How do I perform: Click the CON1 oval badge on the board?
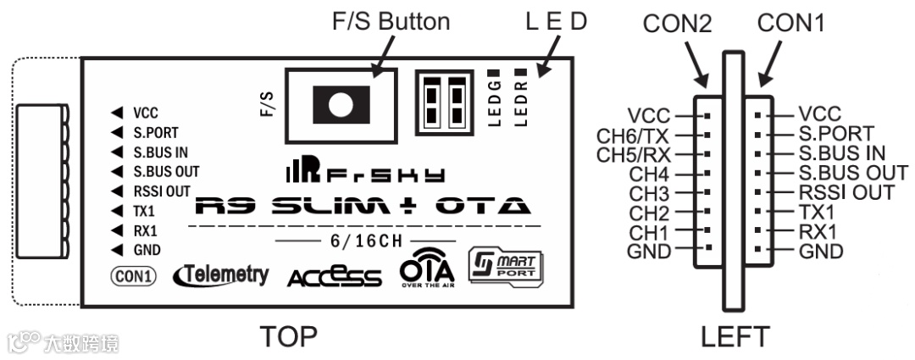click(133, 274)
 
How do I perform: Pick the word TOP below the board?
click(289, 336)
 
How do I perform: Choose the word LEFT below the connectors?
click(735, 336)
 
